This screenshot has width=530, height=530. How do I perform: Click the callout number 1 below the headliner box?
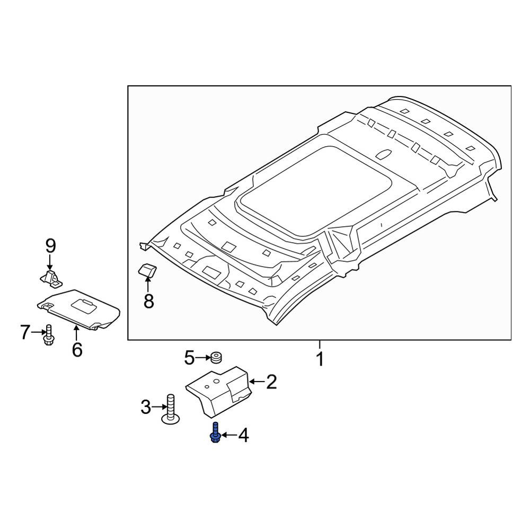(320, 359)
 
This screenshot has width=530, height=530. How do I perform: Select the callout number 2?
(271, 382)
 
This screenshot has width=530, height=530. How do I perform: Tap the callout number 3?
(146, 407)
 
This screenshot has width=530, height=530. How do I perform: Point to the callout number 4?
(243, 435)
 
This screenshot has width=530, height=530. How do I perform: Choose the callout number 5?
(189, 358)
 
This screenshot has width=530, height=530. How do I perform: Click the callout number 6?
(77, 349)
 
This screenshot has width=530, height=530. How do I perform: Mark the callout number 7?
(25, 332)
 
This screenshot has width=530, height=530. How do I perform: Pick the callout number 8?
(149, 301)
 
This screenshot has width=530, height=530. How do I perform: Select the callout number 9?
(50, 246)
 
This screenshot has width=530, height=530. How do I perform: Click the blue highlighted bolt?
(215, 432)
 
